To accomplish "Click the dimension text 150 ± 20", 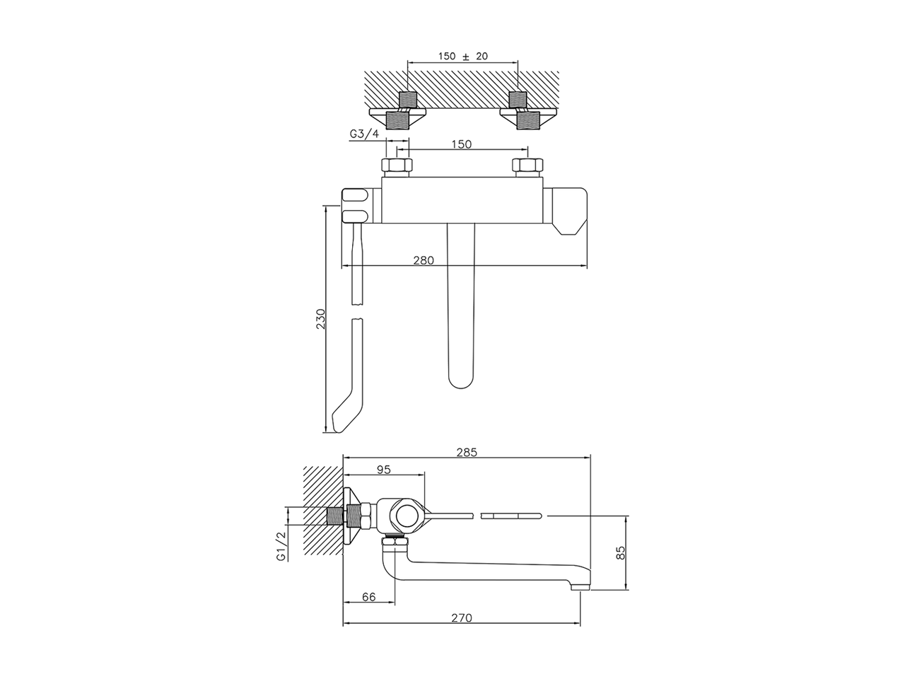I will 463,57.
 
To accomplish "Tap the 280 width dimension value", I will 423,260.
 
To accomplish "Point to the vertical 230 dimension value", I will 320,319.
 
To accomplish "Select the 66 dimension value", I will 368,596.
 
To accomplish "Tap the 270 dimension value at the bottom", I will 460,617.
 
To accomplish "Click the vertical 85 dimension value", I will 621,552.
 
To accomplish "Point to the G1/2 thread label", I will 281,545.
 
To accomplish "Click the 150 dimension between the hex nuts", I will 461,144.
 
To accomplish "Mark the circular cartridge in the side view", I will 407,516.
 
